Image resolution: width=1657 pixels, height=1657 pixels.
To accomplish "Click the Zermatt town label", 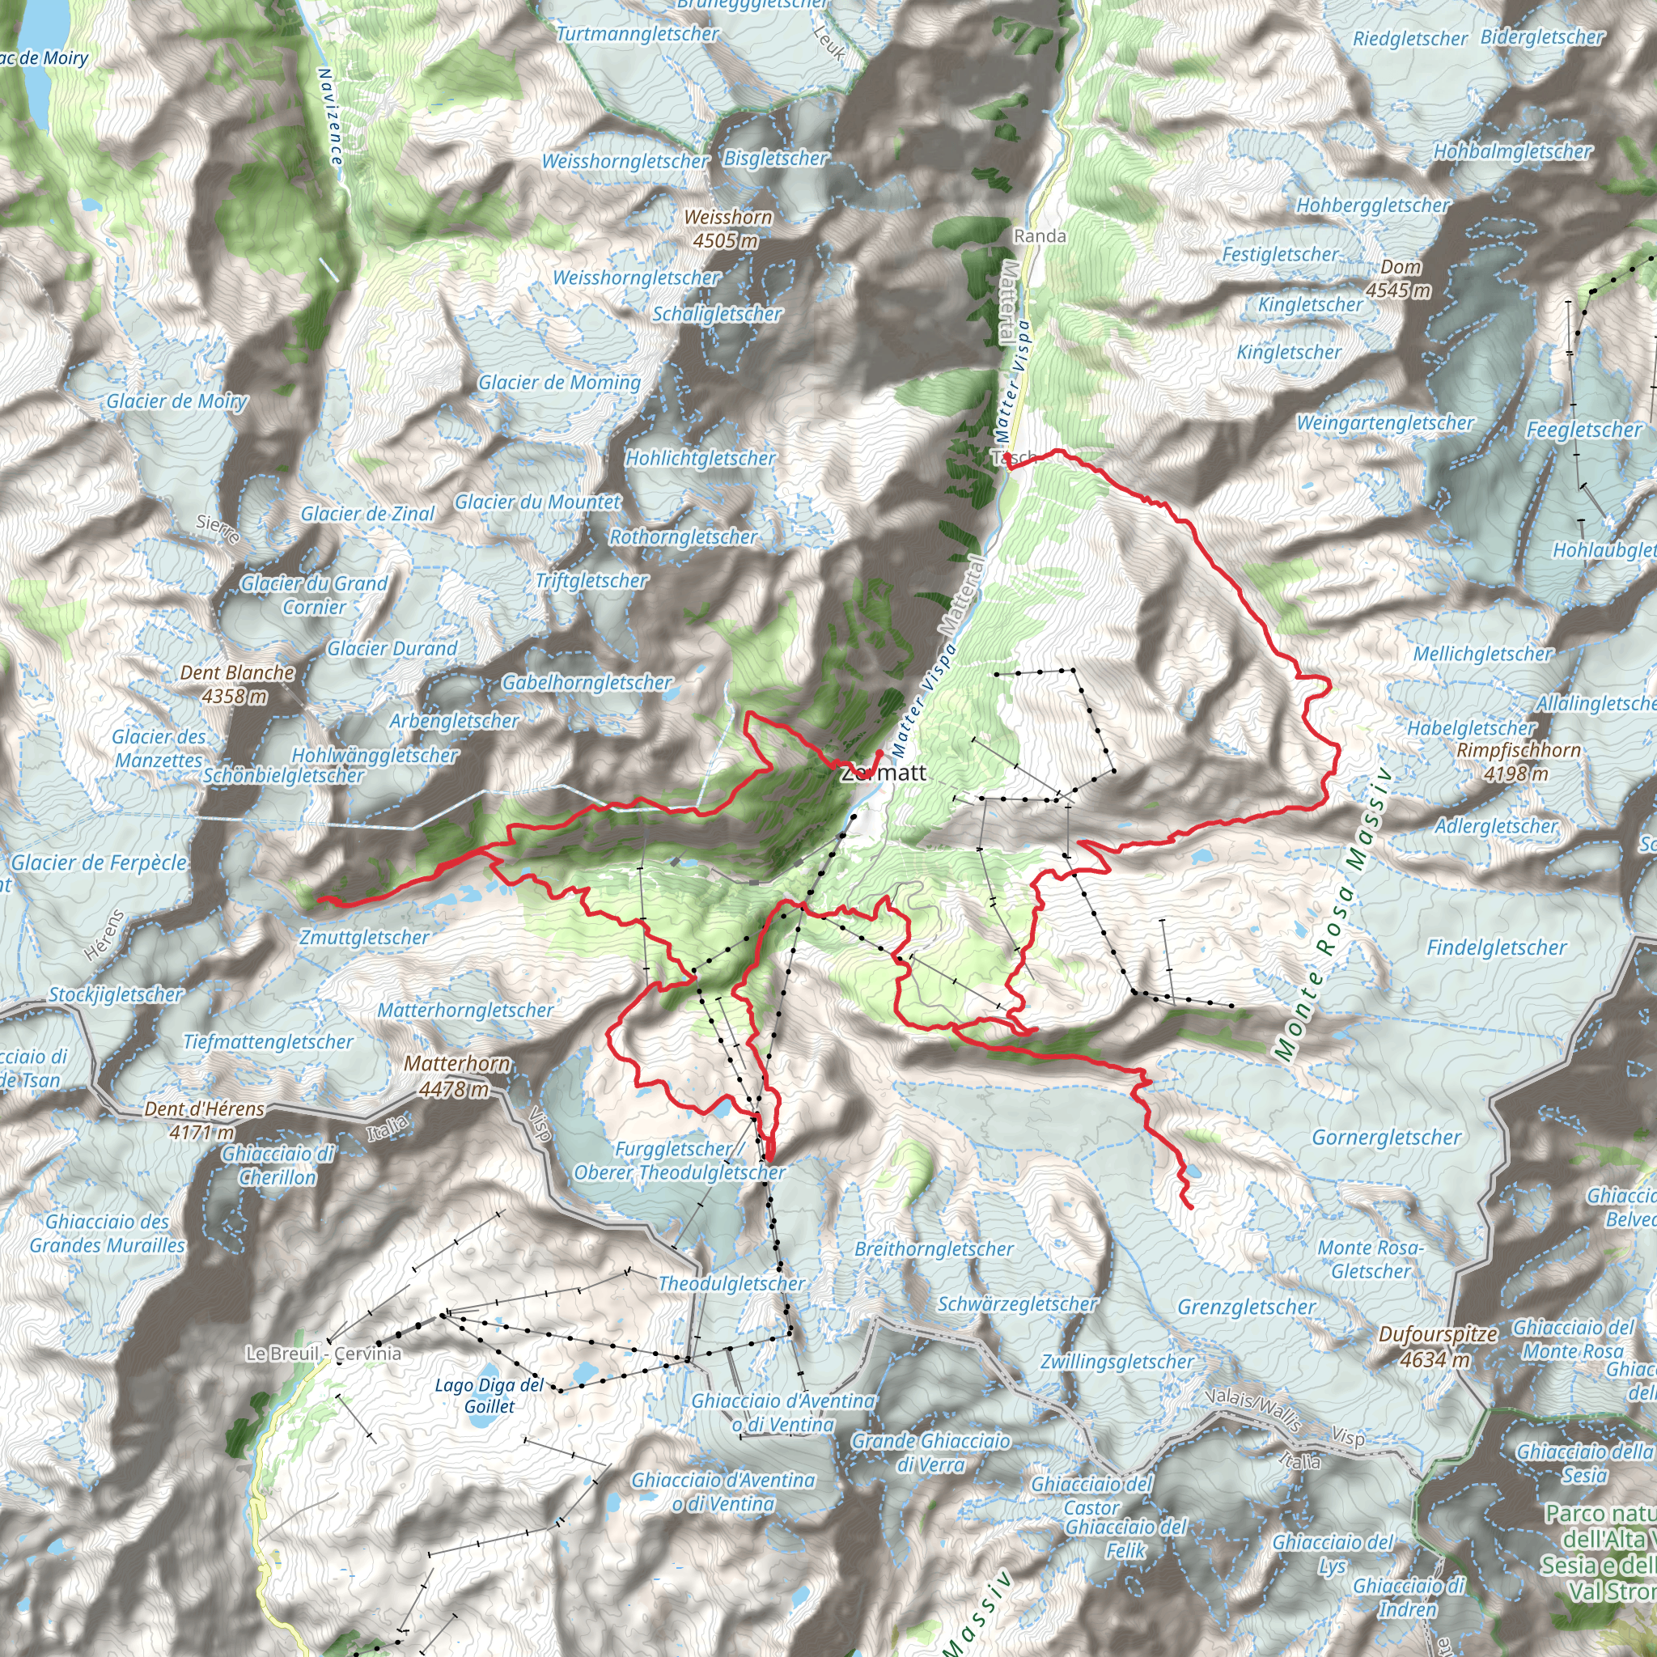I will point(884,773).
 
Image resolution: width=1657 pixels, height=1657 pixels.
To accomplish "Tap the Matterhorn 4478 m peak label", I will point(456,1076).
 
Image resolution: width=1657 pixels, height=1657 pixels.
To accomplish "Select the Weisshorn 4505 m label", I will point(728,229).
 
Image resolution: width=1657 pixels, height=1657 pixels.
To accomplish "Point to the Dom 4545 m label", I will point(1399,279).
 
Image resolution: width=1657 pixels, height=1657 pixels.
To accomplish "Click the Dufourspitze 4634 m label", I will point(1438,1346).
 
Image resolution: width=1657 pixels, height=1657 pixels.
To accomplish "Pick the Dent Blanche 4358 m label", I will point(237,684).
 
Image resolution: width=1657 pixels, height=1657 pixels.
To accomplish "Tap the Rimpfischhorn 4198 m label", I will point(1518,761).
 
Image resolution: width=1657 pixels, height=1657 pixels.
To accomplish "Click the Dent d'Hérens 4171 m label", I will point(204,1120).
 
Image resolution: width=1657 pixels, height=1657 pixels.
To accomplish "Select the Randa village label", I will point(1040,236).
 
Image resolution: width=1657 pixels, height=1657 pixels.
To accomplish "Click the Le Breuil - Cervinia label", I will point(324,1354).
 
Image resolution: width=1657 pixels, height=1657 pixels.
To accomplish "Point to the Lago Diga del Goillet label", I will point(489,1396).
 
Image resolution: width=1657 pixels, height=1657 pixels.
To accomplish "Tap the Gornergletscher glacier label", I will point(1386,1138).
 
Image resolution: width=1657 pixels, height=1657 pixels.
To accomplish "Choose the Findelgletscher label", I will point(1496,947).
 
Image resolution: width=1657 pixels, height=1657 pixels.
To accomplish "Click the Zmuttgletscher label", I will point(365,938).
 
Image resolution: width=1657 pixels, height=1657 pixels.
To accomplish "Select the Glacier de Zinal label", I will point(368,514).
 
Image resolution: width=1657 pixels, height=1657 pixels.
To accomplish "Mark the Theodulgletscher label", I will point(731,1284).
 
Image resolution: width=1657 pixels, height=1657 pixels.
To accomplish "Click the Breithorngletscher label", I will point(934,1248).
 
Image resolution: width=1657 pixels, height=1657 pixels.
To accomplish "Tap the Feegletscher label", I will point(1583,430).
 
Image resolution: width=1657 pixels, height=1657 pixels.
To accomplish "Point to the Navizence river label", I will point(331,117).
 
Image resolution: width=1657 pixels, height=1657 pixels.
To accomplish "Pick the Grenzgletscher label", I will point(1246,1307).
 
